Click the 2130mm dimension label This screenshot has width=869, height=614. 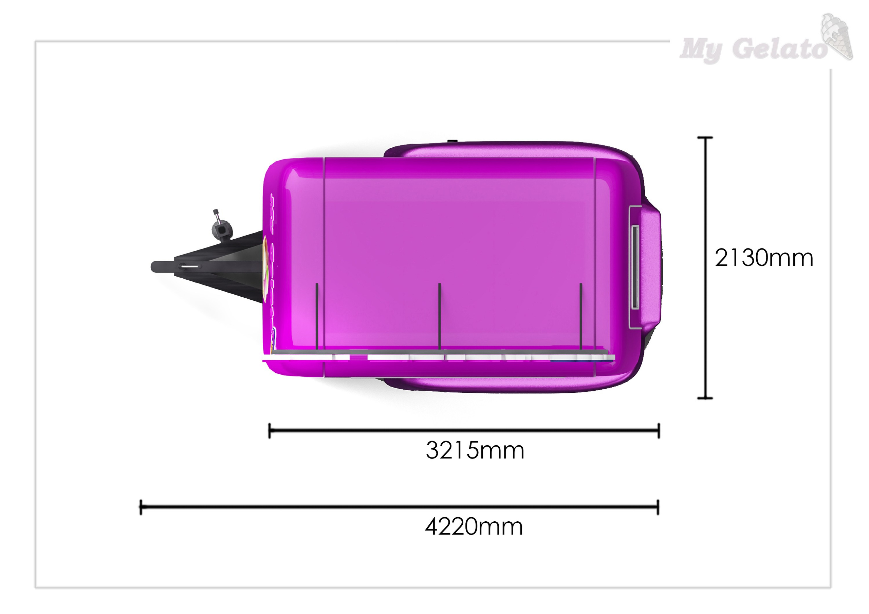[764, 258]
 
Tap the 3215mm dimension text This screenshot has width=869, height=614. [475, 450]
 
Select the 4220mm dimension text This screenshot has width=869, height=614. [474, 526]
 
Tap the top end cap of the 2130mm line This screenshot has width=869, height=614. [705, 138]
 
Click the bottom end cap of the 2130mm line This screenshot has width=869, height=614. [705, 398]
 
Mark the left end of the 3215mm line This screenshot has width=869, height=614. [270, 431]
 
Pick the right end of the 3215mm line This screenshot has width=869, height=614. [659, 431]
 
